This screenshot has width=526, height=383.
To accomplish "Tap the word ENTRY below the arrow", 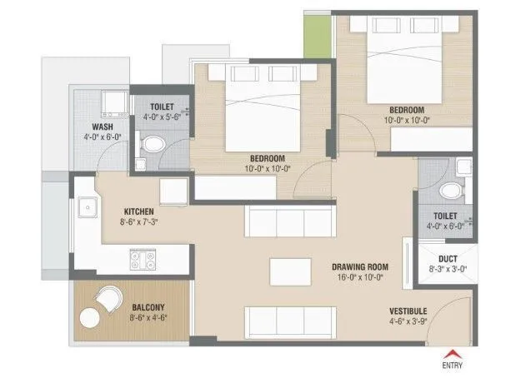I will (453, 365).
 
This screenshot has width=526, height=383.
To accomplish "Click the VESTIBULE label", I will (408, 311).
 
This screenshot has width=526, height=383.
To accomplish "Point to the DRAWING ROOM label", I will (358, 266).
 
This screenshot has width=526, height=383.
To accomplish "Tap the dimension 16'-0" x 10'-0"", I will (358, 278).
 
